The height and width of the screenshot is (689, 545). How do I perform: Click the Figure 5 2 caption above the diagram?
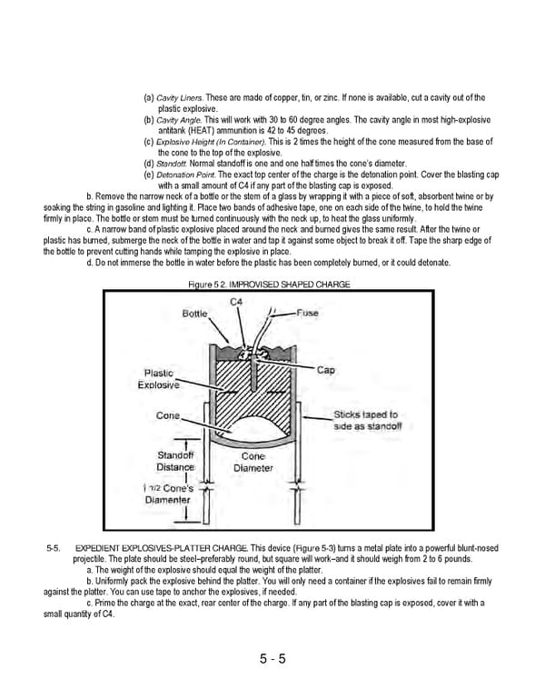click(x=268, y=285)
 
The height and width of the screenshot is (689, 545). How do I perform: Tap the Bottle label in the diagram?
click(x=194, y=313)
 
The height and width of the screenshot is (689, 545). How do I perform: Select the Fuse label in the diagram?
click(x=308, y=313)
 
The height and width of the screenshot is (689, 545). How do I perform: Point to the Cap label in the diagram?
click(x=326, y=370)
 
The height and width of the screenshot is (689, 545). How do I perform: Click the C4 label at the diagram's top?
click(x=236, y=301)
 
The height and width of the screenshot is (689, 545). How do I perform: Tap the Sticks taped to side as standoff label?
click(x=365, y=419)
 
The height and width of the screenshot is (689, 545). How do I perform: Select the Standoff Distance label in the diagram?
click(x=175, y=461)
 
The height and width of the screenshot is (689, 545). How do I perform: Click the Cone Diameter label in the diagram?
click(x=253, y=462)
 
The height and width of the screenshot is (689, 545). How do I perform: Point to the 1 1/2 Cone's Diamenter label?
click(x=169, y=494)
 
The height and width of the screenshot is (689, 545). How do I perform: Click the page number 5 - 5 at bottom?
click(x=272, y=659)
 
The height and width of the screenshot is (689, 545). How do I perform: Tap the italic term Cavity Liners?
click(x=179, y=97)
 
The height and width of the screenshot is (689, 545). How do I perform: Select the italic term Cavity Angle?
click(x=178, y=120)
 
